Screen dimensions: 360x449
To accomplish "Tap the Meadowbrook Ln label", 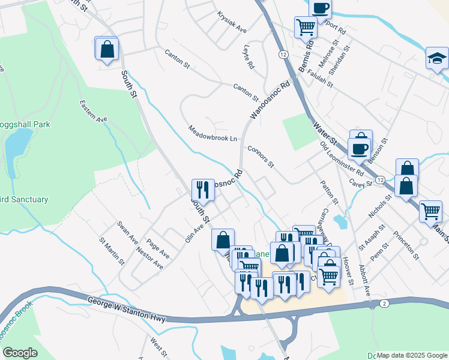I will pos(212,134).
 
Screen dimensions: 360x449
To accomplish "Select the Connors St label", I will pos(261,156).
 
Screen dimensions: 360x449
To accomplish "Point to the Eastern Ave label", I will pos(93,112).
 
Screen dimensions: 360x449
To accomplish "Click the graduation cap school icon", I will pos(438,59).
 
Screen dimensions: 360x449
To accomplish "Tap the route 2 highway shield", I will pos(384,304).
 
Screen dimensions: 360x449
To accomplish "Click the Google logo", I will pos(19,353).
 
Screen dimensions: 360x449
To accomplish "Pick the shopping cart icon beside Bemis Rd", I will pos(306,27).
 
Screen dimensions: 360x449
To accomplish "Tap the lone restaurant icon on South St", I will pos(203,190).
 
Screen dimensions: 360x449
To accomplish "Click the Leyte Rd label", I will pos(249,59).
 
